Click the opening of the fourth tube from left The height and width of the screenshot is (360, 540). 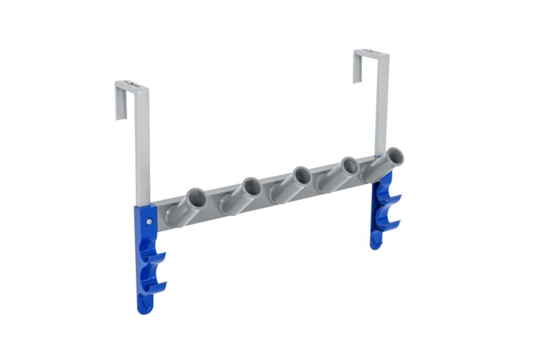[x=347, y=167]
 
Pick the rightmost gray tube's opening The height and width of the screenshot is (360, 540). [x=394, y=156]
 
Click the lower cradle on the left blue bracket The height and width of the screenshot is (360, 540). [x=158, y=285]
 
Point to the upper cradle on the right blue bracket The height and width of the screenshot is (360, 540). [x=390, y=200]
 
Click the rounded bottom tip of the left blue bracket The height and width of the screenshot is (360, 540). [x=144, y=307]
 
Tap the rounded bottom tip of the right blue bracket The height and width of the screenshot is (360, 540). [x=376, y=242]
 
